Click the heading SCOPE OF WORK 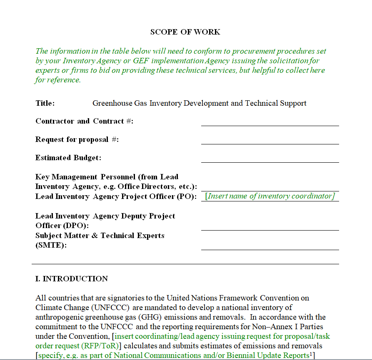click(x=185, y=32)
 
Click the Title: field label click(x=45, y=103)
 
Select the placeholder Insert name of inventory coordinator click(x=270, y=196)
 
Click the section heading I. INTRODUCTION click(x=71, y=279)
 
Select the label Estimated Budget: click(x=68, y=158)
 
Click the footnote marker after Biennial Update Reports click(x=311, y=354)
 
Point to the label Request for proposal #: click(x=77, y=139)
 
